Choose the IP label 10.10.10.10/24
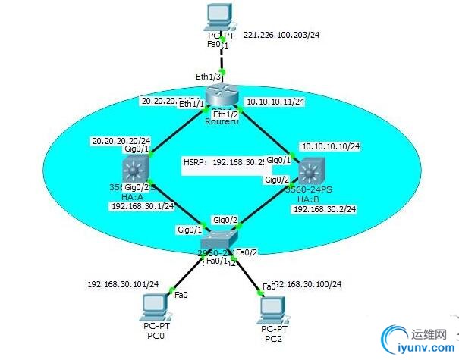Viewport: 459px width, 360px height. tap(330, 146)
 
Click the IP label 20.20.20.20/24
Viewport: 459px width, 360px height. tap(121, 140)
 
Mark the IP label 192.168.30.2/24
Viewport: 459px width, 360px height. tap(324, 209)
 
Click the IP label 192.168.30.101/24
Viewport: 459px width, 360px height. tap(123, 284)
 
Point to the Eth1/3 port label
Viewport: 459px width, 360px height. tap(206, 77)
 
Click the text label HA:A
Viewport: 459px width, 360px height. tap(135, 196)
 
